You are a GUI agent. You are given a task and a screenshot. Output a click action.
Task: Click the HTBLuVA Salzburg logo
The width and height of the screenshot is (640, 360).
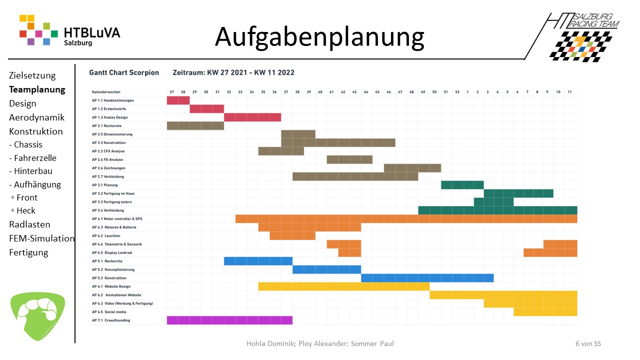pyautogui.click(x=69, y=30)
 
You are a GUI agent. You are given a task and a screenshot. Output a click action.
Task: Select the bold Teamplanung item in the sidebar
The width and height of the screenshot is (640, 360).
pyautogui.click(x=37, y=90)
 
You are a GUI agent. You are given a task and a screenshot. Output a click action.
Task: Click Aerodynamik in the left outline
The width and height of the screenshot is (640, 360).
pyautogui.click(x=36, y=117)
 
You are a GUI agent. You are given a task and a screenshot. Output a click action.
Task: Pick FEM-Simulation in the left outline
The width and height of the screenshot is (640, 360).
pyautogui.click(x=41, y=238)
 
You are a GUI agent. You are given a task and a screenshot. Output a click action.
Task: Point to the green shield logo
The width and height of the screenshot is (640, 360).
pyautogui.click(x=37, y=316)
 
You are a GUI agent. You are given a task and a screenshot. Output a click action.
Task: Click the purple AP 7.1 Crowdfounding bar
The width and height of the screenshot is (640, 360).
pyautogui.click(x=229, y=320)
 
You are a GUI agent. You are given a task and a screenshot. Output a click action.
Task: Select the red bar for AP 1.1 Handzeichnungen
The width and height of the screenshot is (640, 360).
pyautogui.click(x=178, y=100)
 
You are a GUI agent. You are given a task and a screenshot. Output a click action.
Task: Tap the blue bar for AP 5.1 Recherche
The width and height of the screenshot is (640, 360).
pyautogui.click(x=258, y=261)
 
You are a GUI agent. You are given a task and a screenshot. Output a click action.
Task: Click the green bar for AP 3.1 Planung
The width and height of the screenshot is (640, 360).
pyautogui.click(x=462, y=185)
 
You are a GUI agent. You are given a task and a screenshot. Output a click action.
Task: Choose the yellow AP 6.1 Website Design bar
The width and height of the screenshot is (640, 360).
pyautogui.click(x=343, y=286)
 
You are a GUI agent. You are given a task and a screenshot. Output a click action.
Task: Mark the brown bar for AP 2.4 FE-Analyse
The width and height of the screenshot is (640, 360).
pyautogui.click(x=349, y=159)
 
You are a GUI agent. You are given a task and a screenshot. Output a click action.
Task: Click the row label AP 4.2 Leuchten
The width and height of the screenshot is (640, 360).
pyautogui.click(x=106, y=235)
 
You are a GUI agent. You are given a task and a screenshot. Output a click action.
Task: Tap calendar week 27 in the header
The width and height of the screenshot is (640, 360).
pyautogui.click(x=172, y=92)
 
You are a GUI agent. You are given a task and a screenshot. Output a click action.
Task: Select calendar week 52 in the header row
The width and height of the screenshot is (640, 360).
pyautogui.click(x=457, y=92)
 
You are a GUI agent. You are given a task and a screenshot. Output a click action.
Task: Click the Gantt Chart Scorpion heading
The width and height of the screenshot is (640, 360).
pyautogui.click(x=124, y=72)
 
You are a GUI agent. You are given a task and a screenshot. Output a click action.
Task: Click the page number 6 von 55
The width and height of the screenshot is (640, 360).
pyautogui.click(x=588, y=343)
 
